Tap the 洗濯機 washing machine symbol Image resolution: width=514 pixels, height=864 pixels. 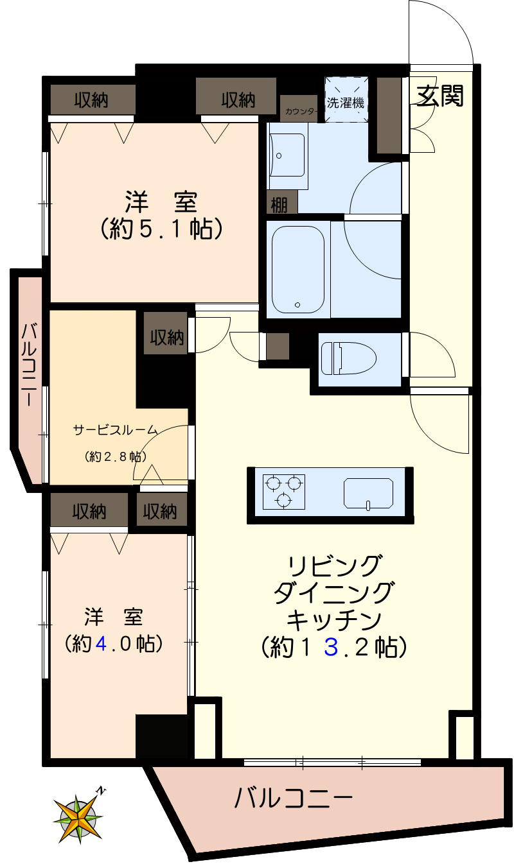[x=346, y=100]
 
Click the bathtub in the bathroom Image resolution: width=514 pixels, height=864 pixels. [x=297, y=269]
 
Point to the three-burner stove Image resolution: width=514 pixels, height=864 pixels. [x=283, y=491]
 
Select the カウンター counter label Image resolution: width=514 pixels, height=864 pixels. [x=300, y=112]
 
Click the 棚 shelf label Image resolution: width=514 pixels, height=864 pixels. [x=279, y=204]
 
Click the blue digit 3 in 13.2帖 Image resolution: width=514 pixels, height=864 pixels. [x=331, y=647]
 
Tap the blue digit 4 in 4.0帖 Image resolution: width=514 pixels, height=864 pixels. [x=102, y=643]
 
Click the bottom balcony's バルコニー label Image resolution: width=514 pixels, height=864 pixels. [x=293, y=799]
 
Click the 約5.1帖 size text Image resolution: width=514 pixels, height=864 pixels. [x=161, y=228]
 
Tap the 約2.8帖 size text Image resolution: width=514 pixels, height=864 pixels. [x=115, y=456]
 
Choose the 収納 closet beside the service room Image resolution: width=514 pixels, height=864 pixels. [x=167, y=338]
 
